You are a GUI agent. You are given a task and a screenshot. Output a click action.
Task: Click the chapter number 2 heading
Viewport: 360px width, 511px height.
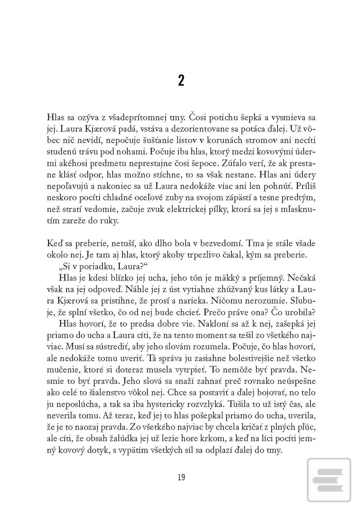point(181,81)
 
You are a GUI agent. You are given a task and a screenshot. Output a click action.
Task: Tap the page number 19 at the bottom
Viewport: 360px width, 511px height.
point(181,477)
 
